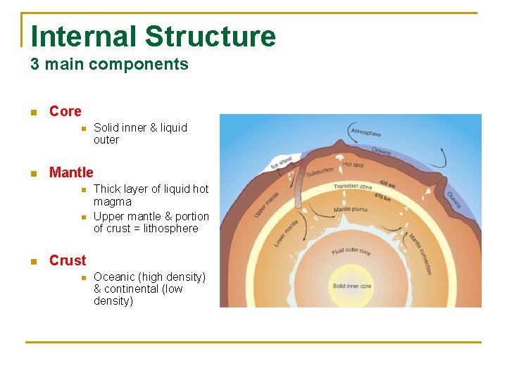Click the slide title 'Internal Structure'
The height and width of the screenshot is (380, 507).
coord(154,37)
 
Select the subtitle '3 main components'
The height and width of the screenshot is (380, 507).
coord(109,65)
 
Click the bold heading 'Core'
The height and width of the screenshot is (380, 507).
coord(65,111)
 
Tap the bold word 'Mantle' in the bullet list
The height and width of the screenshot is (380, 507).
coord(71,172)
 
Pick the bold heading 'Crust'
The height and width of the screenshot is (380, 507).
coord(68,260)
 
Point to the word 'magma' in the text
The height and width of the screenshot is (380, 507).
coord(113,201)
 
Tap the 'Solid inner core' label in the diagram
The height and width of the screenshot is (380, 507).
coord(351,286)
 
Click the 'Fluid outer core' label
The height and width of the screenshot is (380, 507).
coord(350,251)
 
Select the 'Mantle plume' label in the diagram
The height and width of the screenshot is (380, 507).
coord(351,209)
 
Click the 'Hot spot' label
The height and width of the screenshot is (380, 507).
coord(353,165)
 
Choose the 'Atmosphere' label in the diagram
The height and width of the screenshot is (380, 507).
coord(366,132)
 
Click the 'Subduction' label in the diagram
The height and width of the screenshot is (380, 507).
coord(320,171)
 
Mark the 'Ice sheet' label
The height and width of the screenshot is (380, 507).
coord(281,163)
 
